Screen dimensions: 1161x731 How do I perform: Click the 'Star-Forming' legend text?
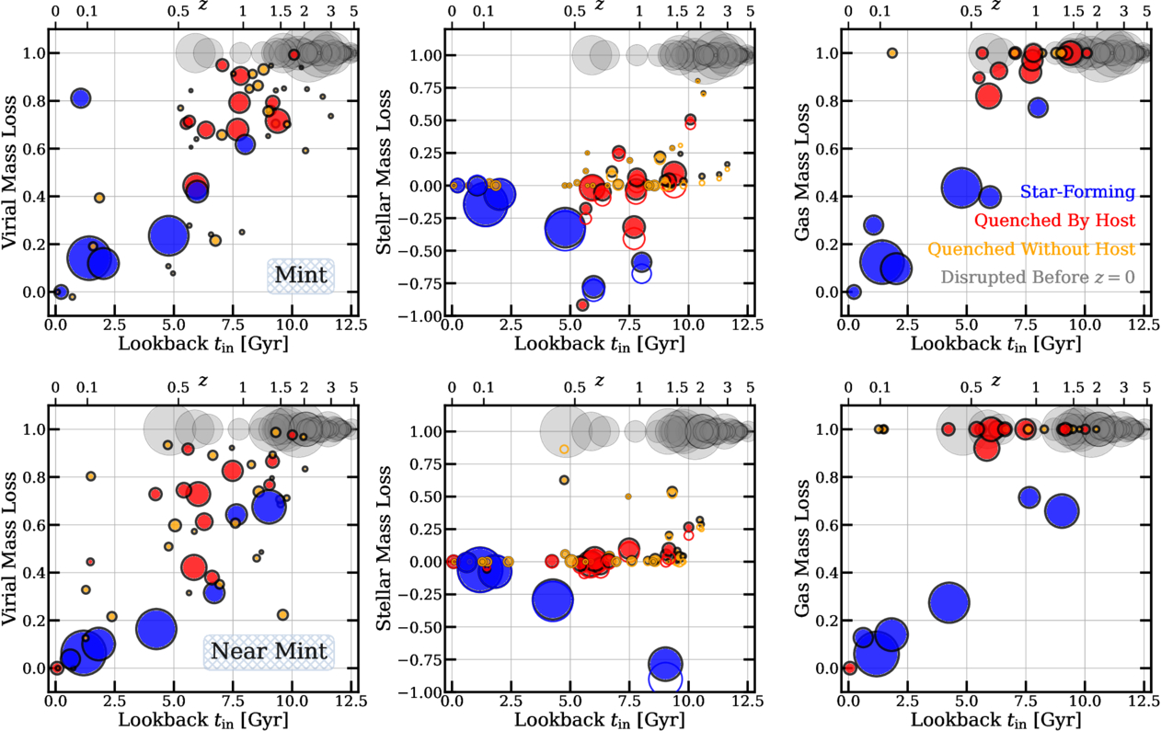click(1077, 191)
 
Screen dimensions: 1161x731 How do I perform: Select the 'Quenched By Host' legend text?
click(1055, 220)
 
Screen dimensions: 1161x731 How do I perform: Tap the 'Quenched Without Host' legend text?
click(1031, 248)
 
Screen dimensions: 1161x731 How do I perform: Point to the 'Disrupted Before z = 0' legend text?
click(1038, 277)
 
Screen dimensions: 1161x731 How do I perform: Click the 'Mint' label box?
click(301, 276)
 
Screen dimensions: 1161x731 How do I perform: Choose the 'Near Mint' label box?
click(269, 652)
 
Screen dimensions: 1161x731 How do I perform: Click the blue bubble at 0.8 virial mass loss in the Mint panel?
click(80, 97)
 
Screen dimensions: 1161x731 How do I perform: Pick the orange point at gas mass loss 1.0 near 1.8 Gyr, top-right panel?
click(891, 52)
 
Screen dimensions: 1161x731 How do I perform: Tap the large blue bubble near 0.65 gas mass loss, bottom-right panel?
click(1062, 511)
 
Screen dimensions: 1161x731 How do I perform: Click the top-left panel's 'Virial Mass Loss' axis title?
click(9, 172)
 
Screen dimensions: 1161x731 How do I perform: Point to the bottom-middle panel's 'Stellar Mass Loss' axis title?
click(383, 548)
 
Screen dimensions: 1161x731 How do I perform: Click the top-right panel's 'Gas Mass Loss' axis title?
click(802, 172)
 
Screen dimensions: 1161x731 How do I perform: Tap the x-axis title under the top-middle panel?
click(599, 344)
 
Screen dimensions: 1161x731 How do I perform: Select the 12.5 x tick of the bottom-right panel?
click(1144, 701)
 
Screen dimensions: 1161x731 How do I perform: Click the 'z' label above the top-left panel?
click(203, 6)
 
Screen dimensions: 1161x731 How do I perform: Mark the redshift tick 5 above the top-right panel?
click(1146, 11)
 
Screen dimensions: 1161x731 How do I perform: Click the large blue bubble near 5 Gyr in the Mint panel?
click(168, 235)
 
